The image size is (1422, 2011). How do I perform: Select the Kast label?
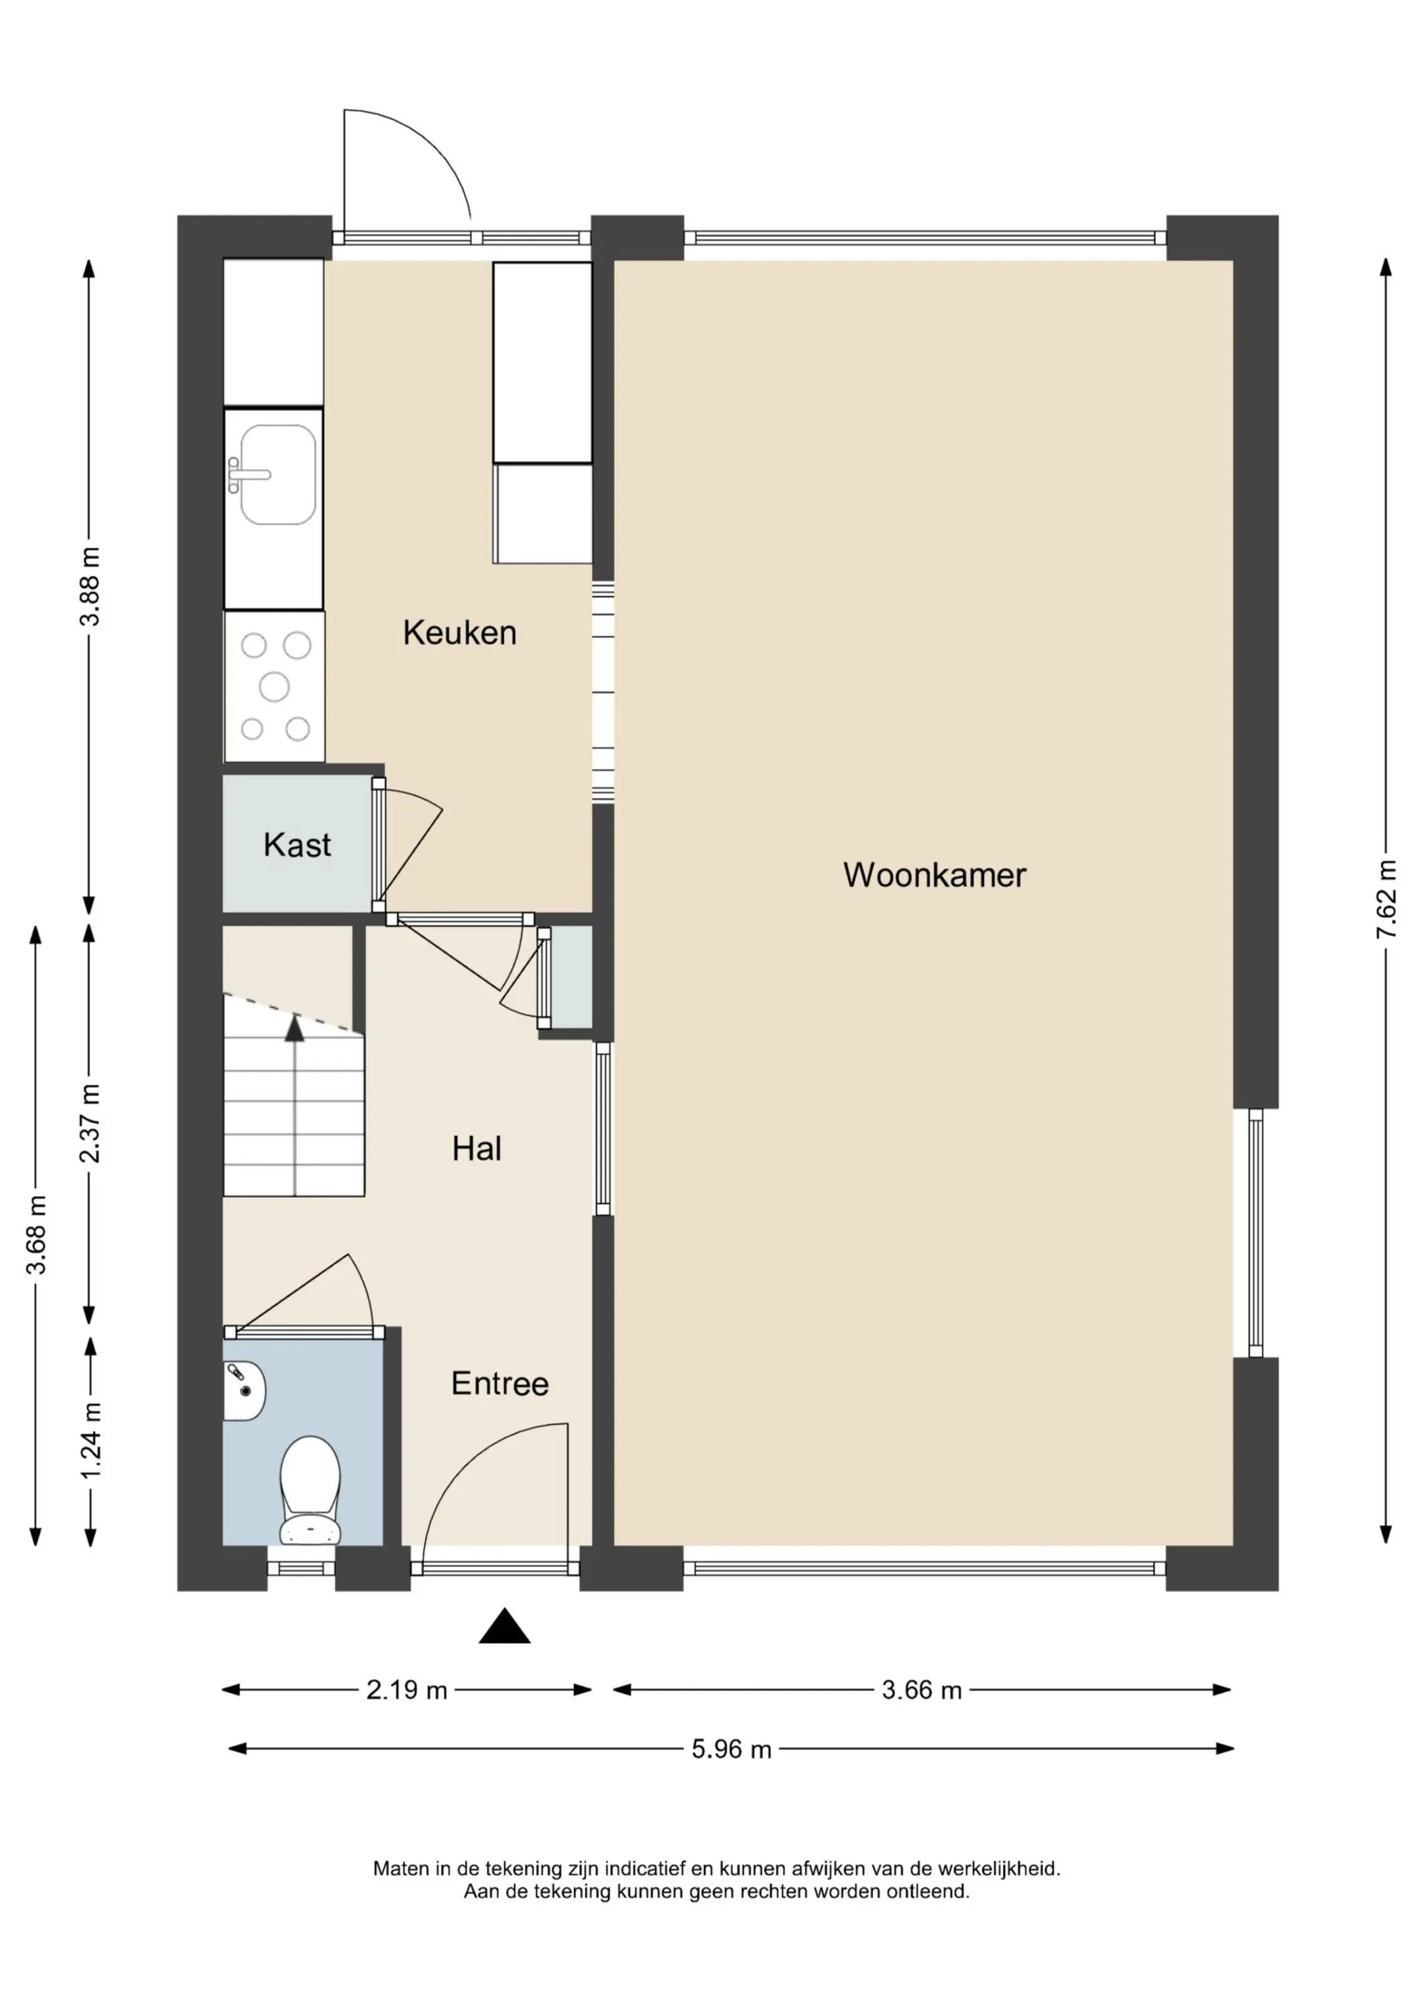(297, 845)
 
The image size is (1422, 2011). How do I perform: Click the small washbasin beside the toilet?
(243, 1391)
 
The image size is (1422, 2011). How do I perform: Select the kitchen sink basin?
(278, 475)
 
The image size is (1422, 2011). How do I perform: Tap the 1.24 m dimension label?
(91, 1440)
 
